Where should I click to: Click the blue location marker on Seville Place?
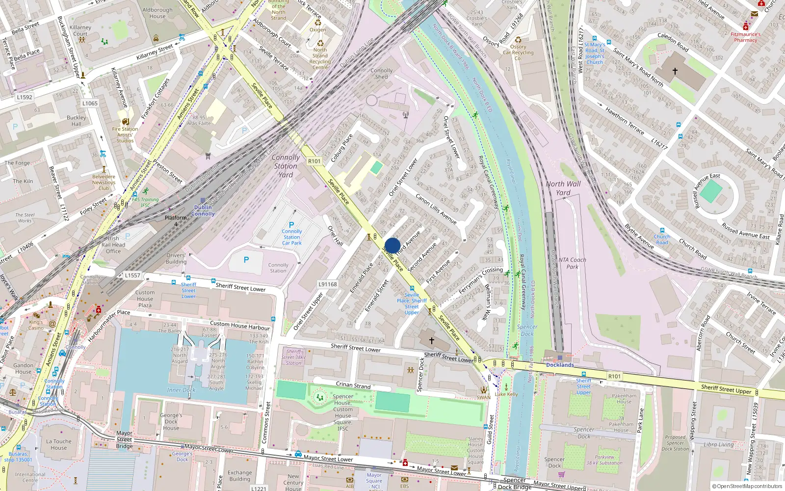[392, 245]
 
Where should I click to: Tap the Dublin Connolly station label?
[203, 210]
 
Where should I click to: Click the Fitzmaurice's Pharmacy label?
[745, 37]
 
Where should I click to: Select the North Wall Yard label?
[563, 188]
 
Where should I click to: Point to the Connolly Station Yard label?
[286, 166]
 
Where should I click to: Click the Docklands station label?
[560, 365]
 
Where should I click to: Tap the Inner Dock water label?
[181, 390]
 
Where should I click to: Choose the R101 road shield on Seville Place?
[314, 161]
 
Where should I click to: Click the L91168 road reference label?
[328, 284]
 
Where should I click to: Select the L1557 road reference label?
[132, 275]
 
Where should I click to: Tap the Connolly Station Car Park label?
[292, 237]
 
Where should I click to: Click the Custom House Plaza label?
[145, 299]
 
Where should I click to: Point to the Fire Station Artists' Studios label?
[125, 135]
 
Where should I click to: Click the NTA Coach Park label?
[572, 263]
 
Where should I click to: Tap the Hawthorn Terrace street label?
[625, 121]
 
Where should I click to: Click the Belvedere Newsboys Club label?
[104, 182]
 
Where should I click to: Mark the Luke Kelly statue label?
[506, 394]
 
